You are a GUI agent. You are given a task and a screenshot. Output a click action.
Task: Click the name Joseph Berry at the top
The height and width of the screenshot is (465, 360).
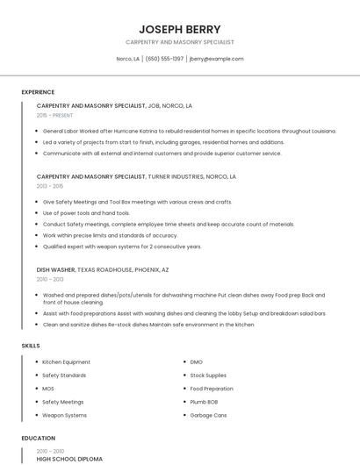[x=179, y=29]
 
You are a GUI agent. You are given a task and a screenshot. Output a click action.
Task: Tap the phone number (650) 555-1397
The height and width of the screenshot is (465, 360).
[x=164, y=59]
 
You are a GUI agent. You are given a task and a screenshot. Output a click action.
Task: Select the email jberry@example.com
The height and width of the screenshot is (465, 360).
[x=216, y=59]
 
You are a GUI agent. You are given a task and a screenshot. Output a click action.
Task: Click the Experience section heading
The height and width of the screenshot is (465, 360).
[x=38, y=92]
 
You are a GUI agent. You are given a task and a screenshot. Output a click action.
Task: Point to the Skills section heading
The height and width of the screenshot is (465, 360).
[x=31, y=346]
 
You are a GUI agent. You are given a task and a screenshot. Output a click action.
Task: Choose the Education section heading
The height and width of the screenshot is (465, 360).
[x=39, y=438]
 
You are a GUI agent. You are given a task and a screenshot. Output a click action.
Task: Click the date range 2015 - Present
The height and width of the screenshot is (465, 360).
[x=54, y=115]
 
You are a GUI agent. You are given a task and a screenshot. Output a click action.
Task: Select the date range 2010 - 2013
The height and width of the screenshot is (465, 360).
[x=50, y=279]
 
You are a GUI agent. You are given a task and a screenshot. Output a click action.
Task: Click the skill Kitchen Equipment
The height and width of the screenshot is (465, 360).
[x=66, y=362]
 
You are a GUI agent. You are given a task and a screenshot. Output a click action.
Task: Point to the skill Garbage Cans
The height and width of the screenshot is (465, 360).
[x=208, y=415]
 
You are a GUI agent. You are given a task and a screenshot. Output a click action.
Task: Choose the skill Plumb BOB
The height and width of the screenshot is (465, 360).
[x=205, y=402]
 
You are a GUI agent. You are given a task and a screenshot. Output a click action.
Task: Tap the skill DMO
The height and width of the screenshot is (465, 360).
[x=196, y=362]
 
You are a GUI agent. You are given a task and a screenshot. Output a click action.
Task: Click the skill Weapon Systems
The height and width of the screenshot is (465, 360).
[x=64, y=415]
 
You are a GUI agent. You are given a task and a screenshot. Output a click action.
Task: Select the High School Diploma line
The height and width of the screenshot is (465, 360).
[x=69, y=459]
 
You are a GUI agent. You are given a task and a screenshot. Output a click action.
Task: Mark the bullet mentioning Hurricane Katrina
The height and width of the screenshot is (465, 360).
[x=189, y=131]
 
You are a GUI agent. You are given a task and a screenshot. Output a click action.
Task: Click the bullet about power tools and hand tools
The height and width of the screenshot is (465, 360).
[x=86, y=213]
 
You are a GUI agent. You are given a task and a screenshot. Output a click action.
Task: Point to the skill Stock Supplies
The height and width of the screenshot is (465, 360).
[x=209, y=376]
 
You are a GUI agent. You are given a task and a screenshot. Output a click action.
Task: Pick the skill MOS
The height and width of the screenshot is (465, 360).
[x=48, y=389]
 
